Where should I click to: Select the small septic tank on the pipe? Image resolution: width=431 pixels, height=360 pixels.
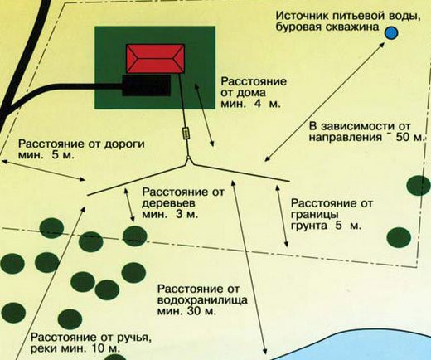186,133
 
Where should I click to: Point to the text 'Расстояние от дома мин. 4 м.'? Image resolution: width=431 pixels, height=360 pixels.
254,93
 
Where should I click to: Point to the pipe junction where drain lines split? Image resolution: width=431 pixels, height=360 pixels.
189,161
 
